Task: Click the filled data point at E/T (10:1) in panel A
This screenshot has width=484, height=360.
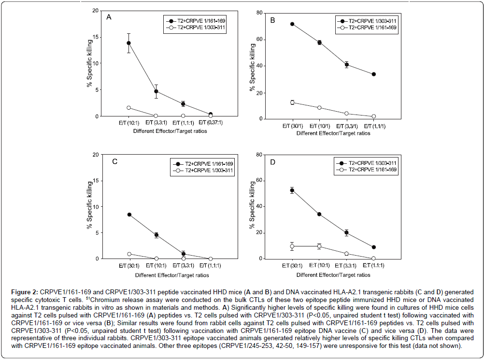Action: tap(128, 43)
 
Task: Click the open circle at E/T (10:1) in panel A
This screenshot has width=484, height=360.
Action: tap(128, 108)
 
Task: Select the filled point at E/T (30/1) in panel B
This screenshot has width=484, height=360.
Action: tap(292, 24)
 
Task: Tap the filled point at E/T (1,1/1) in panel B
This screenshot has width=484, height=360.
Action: tap(374, 74)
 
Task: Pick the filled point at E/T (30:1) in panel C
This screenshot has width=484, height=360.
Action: tap(129, 215)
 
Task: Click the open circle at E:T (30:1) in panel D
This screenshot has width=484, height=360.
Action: tap(292, 246)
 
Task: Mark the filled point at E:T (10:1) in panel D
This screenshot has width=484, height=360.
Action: tap(319, 214)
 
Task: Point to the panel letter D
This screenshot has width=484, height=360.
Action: tap(272, 162)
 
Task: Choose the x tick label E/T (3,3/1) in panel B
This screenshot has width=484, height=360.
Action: tap(346, 127)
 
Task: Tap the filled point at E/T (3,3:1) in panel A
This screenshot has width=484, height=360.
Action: tap(156, 91)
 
